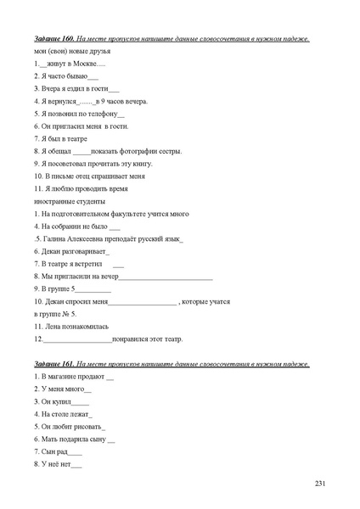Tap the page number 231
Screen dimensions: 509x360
320,484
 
